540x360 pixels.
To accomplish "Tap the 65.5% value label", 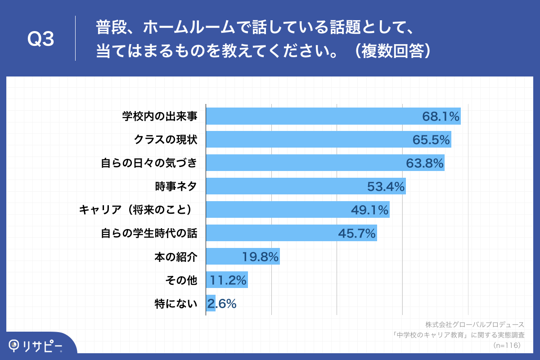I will coord(431,140).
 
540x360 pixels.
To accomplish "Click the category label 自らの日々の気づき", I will coord(149,163).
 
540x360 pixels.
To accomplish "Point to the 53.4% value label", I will coord(386,186).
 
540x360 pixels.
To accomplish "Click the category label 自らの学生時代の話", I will coord(149,233).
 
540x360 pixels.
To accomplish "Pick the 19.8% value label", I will coord(261,257).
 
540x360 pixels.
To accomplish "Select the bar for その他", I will coord(226,280).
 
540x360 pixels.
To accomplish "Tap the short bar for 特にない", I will coord(211,304).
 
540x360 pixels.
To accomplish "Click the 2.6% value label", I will coord(222,304).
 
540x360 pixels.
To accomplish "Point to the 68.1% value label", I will coord(441,117).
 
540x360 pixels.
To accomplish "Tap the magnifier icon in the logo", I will coord(15,345).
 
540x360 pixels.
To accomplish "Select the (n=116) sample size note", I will coord(507,346).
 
